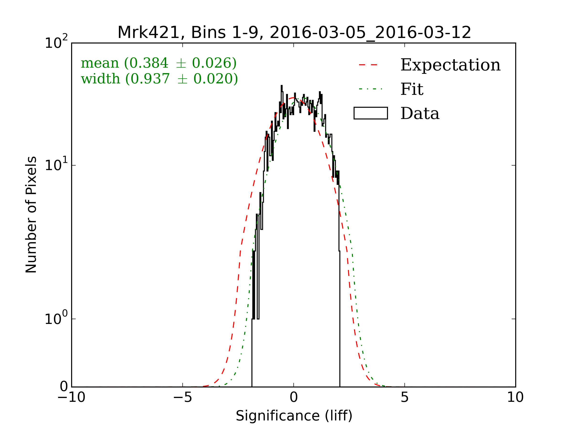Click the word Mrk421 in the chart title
pyautogui.click(x=149, y=33)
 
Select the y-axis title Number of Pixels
pyautogui.click(x=31, y=214)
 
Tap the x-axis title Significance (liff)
pyautogui.click(x=294, y=416)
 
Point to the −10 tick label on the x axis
pyautogui.click(x=71, y=397)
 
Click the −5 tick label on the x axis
pyautogui.click(x=182, y=397)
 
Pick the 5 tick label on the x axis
pyautogui.click(x=405, y=397)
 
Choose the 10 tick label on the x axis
pyautogui.click(x=515, y=397)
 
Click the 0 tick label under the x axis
pyautogui.click(x=294, y=397)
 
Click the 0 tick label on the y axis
pyautogui.click(x=64, y=387)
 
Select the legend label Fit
pyautogui.click(x=412, y=89)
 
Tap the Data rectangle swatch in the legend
pyautogui.click(x=371, y=113)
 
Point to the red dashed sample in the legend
pyautogui.click(x=368, y=65)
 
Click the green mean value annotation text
pyautogui.click(x=159, y=63)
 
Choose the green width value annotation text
pyautogui.click(x=159, y=79)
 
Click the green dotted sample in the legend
pyautogui.click(x=371, y=89)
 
